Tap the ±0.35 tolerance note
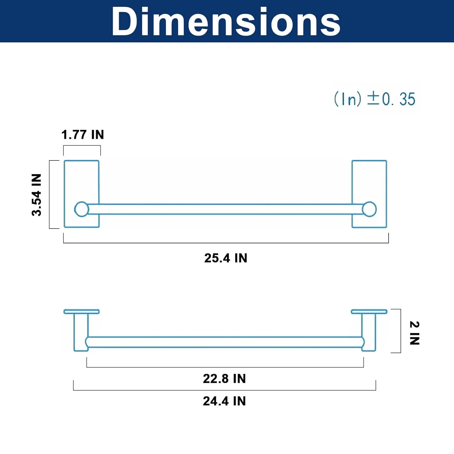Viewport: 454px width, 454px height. (x=375, y=99)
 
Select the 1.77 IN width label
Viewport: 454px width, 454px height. (x=83, y=135)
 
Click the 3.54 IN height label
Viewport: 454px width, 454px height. (x=36, y=195)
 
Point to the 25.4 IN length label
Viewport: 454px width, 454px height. (x=226, y=258)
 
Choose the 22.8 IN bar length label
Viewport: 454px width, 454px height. (x=224, y=379)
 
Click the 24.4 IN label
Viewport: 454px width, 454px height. (x=224, y=401)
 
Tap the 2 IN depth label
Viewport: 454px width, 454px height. (x=414, y=333)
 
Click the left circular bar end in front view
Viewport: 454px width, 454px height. (x=81, y=209)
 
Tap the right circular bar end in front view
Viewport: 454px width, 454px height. (x=369, y=209)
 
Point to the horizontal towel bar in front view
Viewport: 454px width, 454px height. (x=225, y=209)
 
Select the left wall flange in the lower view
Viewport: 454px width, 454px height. (x=81, y=311)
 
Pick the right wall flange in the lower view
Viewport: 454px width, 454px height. (x=369, y=311)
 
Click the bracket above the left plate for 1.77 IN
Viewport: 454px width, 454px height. (x=82, y=146)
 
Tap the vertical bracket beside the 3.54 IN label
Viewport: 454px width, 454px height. (x=50, y=194)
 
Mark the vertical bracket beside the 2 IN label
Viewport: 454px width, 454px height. (x=400, y=331)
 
